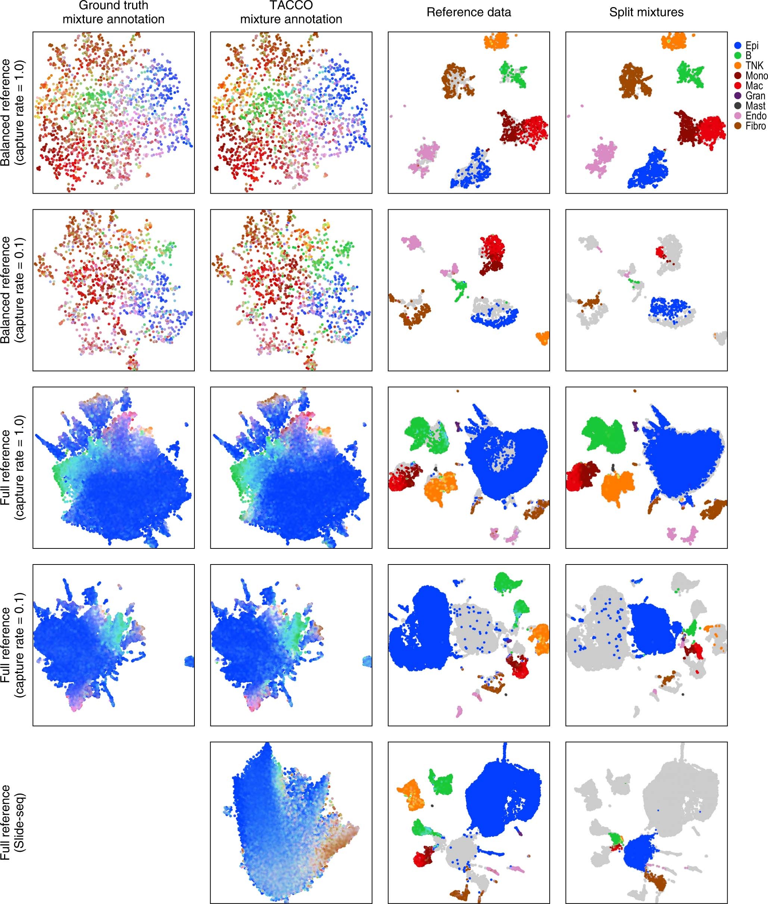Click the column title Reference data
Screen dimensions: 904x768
(x=468, y=12)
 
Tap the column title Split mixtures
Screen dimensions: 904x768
(x=646, y=12)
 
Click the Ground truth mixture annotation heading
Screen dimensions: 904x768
(x=113, y=12)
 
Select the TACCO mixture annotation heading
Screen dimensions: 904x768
(x=291, y=12)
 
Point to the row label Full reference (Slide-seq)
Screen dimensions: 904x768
(x=13, y=823)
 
